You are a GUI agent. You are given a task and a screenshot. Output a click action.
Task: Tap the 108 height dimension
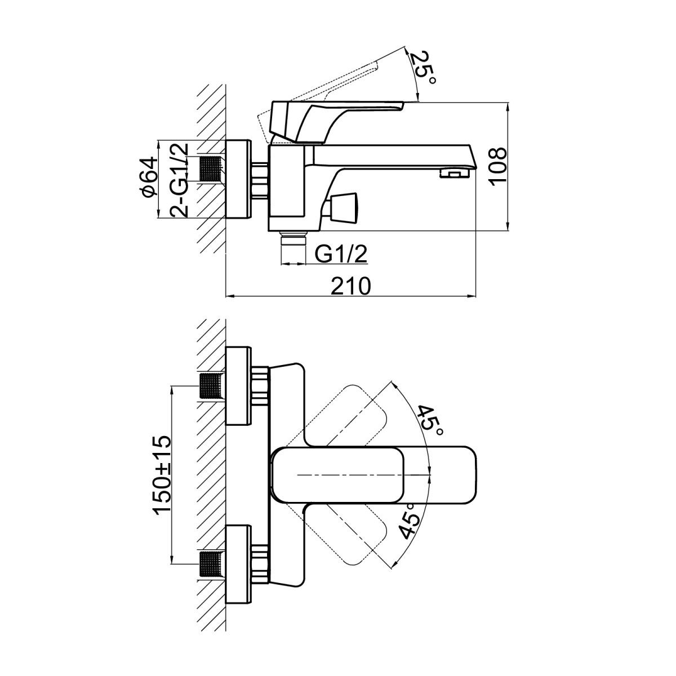(x=498, y=167)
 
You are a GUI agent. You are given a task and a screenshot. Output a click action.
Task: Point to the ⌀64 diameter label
(x=148, y=176)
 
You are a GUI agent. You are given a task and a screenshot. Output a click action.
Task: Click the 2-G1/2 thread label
(x=180, y=179)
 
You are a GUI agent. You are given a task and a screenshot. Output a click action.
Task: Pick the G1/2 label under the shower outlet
(x=341, y=253)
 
